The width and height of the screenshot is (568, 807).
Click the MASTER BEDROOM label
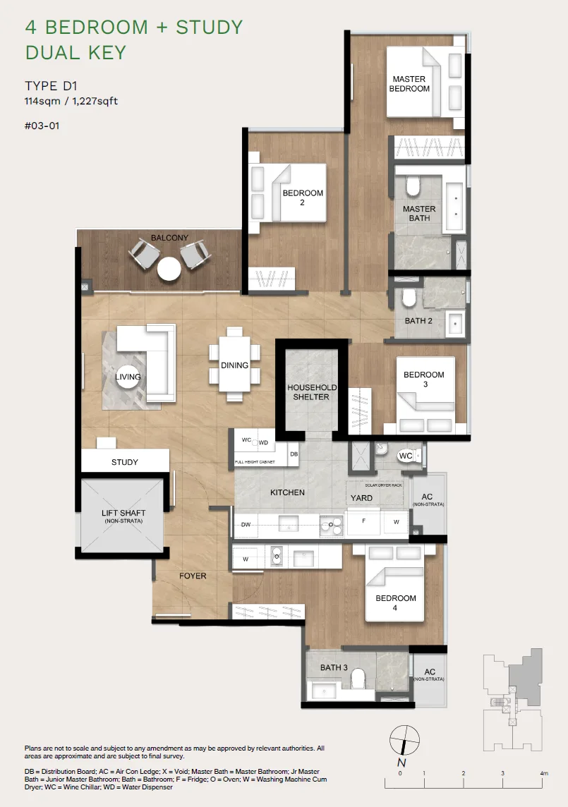click(x=409, y=84)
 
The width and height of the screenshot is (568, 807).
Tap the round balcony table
click(x=169, y=269)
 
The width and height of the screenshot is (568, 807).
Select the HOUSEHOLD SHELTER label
click(x=312, y=392)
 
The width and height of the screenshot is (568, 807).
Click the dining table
click(x=234, y=365)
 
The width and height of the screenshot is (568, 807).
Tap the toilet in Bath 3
click(x=358, y=679)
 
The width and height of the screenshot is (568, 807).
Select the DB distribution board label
click(x=294, y=454)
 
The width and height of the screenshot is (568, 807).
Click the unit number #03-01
click(x=42, y=126)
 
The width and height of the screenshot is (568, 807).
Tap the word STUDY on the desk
click(x=125, y=462)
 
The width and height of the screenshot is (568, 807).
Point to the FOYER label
click(x=193, y=576)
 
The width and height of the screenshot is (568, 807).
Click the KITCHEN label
click(x=287, y=492)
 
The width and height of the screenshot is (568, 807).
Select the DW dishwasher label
click(x=246, y=524)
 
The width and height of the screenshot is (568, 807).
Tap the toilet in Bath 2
click(x=409, y=297)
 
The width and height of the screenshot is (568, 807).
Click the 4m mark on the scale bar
click(x=544, y=773)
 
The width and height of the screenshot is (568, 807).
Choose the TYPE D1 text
click(x=51, y=86)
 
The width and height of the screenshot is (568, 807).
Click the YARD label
click(x=361, y=498)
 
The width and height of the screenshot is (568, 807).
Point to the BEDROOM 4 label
click(x=396, y=602)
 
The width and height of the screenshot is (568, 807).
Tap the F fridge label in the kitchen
click(x=363, y=521)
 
